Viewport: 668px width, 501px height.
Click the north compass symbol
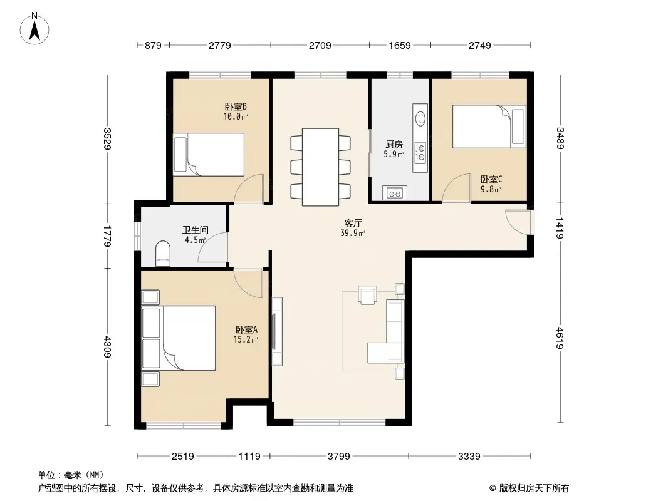tap(34, 29)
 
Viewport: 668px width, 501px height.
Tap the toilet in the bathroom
tap(163, 253)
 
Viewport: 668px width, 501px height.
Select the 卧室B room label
tap(236, 106)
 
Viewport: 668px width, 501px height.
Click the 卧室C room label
tap(491, 180)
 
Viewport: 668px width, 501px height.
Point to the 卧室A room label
tap(246, 329)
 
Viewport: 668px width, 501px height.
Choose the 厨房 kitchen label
tap(394, 144)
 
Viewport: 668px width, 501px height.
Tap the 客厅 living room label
tap(353, 223)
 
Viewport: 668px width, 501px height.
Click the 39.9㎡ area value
tap(353, 233)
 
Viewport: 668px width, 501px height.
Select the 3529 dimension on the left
tap(107, 139)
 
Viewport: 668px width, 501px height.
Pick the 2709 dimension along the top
tap(320, 45)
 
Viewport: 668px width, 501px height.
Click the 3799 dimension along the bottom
tap(338, 457)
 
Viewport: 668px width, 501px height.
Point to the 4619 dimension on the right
tap(560, 338)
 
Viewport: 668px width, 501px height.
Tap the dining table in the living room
tap(320, 167)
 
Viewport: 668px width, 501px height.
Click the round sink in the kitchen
tap(420, 118)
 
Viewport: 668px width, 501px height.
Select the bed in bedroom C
tap(489, 127)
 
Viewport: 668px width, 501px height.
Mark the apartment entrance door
tap(518, 222)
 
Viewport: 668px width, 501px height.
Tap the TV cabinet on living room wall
tap(277, 331)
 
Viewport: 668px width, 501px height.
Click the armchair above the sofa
tap(368, 294)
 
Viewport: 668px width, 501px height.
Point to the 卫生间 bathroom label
tap(196, 230)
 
